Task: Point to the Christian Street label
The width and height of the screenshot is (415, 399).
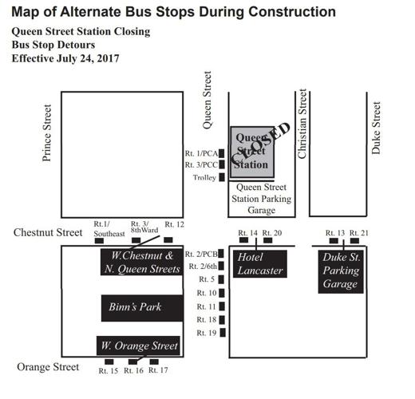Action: click(x=302, y=124)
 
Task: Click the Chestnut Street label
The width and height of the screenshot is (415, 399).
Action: click(x=48, y=232)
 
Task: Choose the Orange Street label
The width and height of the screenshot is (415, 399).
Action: click(x=48, y=367)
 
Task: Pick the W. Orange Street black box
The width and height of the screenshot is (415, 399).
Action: click(x=137, y=346)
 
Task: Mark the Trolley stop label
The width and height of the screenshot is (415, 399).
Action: click(x=204, y=178)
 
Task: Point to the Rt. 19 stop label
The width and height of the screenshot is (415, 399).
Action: click(x=207, y=332)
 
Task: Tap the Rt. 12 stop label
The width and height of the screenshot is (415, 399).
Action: click(x=174, y=225)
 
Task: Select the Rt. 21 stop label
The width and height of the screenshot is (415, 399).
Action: click(x=360, y=232)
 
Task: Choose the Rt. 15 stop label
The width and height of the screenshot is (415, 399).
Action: click(x=109, y=371)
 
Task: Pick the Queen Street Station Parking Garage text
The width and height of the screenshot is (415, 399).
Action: click(x=262, y=199)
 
